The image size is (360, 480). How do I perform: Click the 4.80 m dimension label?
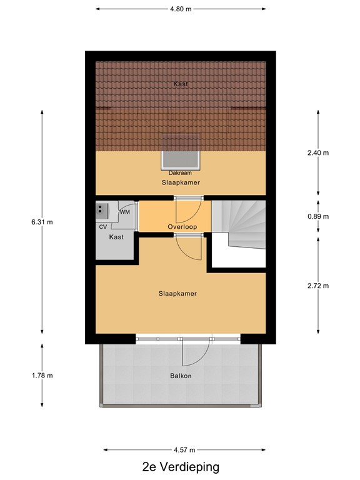181,9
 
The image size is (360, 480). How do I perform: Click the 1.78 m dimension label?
42,375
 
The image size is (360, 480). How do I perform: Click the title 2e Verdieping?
180,467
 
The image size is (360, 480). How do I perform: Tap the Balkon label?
180,376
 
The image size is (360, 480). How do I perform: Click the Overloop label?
182,226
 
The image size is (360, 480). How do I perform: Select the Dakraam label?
180,172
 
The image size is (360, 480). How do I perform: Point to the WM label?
125,212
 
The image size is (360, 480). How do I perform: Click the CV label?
103,226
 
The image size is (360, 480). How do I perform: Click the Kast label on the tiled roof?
180,84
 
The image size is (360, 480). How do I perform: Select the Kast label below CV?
116,237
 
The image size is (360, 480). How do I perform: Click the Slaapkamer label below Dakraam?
180,182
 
